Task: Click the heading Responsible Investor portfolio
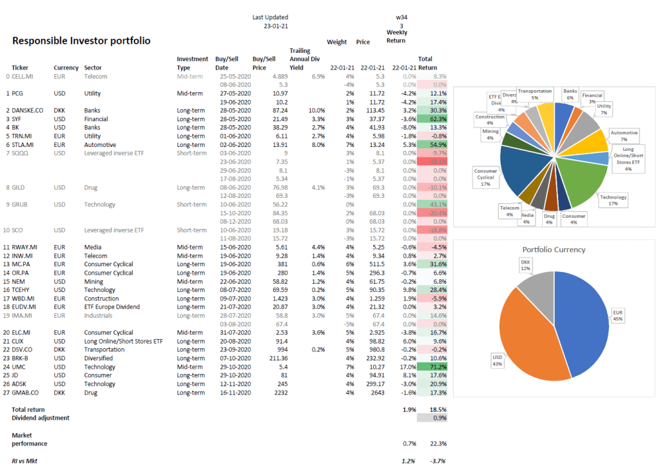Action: tap(81, 41)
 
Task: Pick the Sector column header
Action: tap(93, 68)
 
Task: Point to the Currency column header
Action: tap(66, 68)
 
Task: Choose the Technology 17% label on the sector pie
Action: tap(612, 200)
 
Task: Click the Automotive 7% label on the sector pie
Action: tap(624, 136)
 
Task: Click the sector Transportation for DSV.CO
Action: tap(107, 349)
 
